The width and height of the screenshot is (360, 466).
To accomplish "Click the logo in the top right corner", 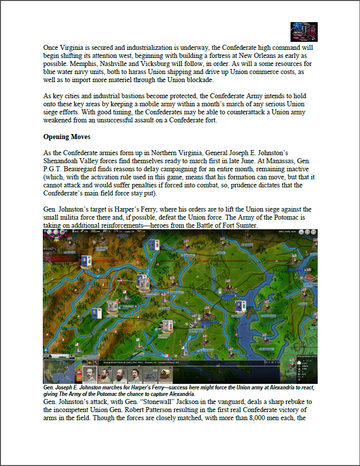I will point(304,32).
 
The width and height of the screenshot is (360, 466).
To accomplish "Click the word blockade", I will point(198,80).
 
